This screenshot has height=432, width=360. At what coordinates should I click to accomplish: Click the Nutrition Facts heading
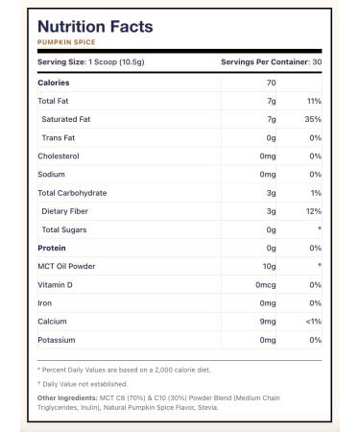point(94,26)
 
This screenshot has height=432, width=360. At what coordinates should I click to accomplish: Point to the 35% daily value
point(313,118)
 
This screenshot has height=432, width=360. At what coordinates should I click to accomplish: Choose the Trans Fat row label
point(59,136)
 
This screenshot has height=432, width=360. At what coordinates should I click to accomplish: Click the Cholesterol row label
point(58,155)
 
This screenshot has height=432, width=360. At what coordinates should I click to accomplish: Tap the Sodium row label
point(51,174)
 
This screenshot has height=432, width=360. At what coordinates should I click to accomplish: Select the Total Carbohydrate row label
point(71,192)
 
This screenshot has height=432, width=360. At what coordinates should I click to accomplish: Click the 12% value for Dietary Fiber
point(313,210)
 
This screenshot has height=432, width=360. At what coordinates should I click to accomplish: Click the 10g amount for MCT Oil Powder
point(270,266)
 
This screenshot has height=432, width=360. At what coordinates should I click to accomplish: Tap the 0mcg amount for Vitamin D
point(266,284)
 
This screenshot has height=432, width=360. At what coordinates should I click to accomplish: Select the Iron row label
point(44,302)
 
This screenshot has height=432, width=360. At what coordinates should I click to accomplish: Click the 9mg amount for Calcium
point(269,321)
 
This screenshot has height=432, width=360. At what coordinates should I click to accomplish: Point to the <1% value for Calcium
point(312,321)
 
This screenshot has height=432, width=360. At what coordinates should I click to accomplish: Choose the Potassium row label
point(57,340)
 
